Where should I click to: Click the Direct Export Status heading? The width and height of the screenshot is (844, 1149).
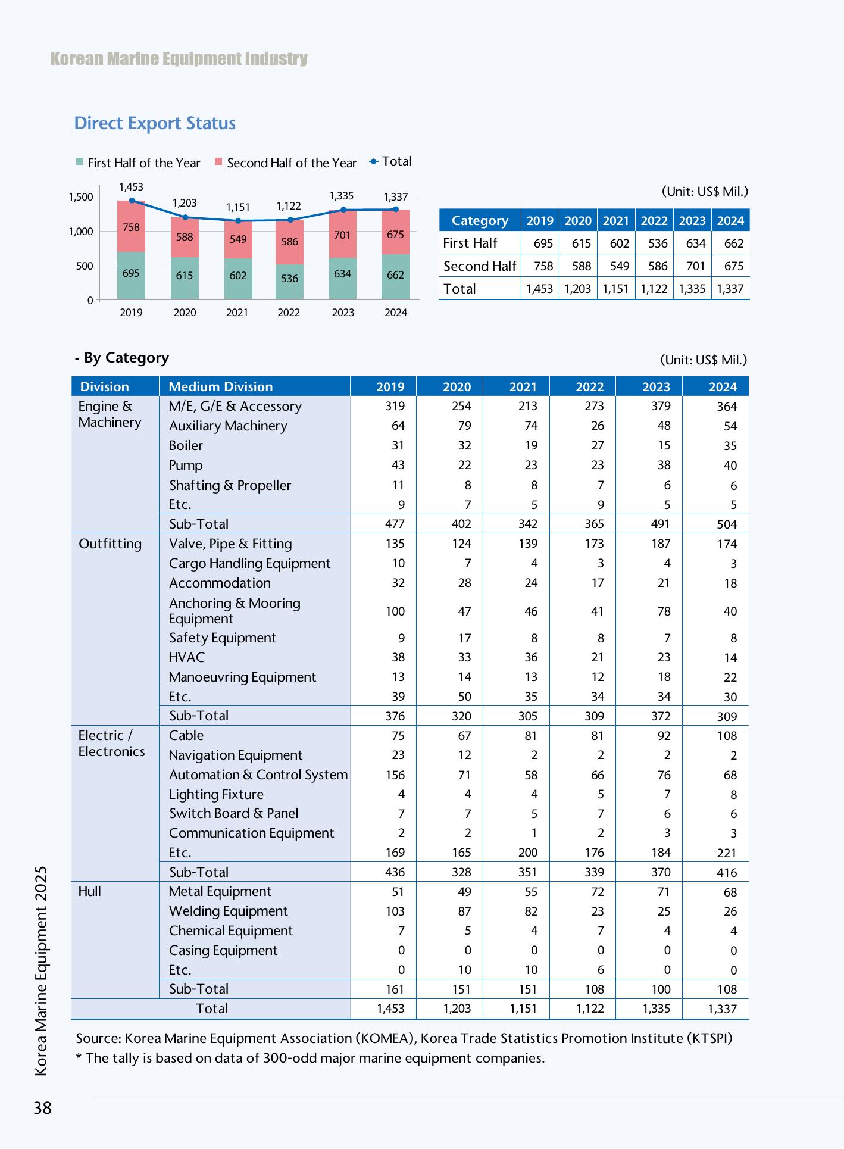155,123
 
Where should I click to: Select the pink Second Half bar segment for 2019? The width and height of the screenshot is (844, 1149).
131,226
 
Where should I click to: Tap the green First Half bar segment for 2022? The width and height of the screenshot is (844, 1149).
289,282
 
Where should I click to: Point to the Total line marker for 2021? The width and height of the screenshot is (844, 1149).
238,221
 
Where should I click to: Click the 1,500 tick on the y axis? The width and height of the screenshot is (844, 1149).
81,197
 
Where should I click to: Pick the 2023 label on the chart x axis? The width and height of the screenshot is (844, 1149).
343,313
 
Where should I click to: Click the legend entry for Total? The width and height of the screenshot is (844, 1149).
390,161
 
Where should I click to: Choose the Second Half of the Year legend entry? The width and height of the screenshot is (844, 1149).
286,163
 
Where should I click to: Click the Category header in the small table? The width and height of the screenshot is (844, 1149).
480,221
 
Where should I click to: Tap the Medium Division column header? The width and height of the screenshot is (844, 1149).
220,387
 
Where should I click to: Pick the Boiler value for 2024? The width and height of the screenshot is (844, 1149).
730,446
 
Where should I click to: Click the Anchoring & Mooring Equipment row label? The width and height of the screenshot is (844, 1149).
235,611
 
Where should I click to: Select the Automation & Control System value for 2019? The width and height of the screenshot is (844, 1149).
395,775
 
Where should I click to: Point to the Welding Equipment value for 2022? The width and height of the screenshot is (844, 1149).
598,911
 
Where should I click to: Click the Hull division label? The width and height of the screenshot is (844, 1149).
90,891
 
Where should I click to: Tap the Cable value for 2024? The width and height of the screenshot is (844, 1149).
727,736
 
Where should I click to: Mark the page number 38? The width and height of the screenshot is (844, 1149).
43,1108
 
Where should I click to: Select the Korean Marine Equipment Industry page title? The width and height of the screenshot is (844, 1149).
179,58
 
